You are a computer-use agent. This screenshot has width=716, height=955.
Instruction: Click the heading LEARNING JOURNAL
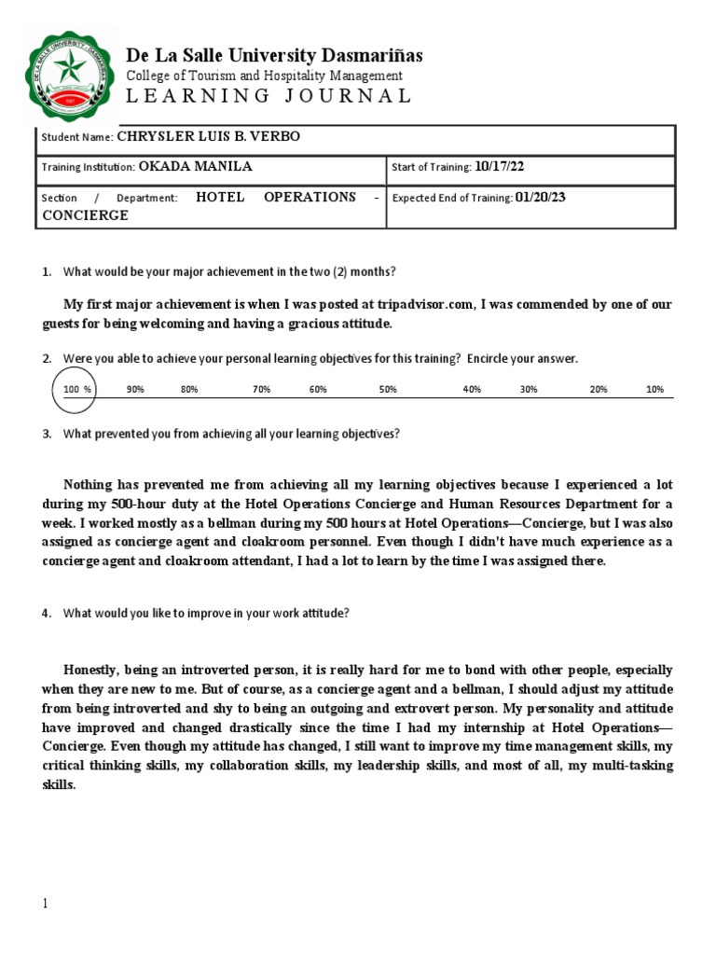click(x=268, y=96)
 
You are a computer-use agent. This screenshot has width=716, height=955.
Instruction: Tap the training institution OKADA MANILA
click(x=196, y=167)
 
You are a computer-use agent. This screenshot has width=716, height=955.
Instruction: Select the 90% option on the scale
click(x=135, y=390)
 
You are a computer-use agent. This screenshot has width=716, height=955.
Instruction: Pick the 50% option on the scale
click(x=388, y=390)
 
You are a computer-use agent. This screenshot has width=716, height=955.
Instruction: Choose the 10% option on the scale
click(x=654, y=390)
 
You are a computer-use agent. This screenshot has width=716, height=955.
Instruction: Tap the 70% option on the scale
click(x=261, y=390)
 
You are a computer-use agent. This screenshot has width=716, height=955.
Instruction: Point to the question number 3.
click(x=47, y=434)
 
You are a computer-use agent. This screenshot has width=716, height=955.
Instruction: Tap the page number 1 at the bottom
click(x=45, y=904)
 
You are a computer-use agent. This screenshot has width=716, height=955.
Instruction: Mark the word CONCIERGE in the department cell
click(x=86, y=215)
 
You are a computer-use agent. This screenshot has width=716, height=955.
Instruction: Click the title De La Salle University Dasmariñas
click(x=274, y=55)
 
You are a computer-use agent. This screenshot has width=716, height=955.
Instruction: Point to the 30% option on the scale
click(x=529, y=390)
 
